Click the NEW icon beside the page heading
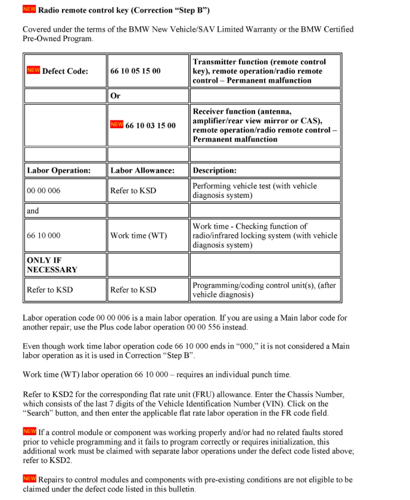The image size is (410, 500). pos(29,9)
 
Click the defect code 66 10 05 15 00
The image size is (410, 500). pos(135,71)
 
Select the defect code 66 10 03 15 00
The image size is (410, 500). pos(150,126)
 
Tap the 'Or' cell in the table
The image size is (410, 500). pos(116,96)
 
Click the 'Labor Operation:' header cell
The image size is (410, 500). pos(58,170)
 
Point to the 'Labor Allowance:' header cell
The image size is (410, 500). pos(142,170)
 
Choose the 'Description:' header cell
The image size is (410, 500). pos(215,170)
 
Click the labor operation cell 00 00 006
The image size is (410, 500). pos(44,191)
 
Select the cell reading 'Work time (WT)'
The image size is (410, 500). pos(138,235)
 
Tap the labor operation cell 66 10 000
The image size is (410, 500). pos(44,235)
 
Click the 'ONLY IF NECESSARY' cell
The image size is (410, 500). pos(52,265)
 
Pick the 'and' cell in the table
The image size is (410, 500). pos(33,210)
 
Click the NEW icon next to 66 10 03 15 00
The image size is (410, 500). pos(117,125)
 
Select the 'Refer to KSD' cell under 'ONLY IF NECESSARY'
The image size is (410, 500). pos(49,290)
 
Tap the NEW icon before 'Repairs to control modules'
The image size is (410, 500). pos(29,479)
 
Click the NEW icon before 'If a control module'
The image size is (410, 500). pos(29,431)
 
